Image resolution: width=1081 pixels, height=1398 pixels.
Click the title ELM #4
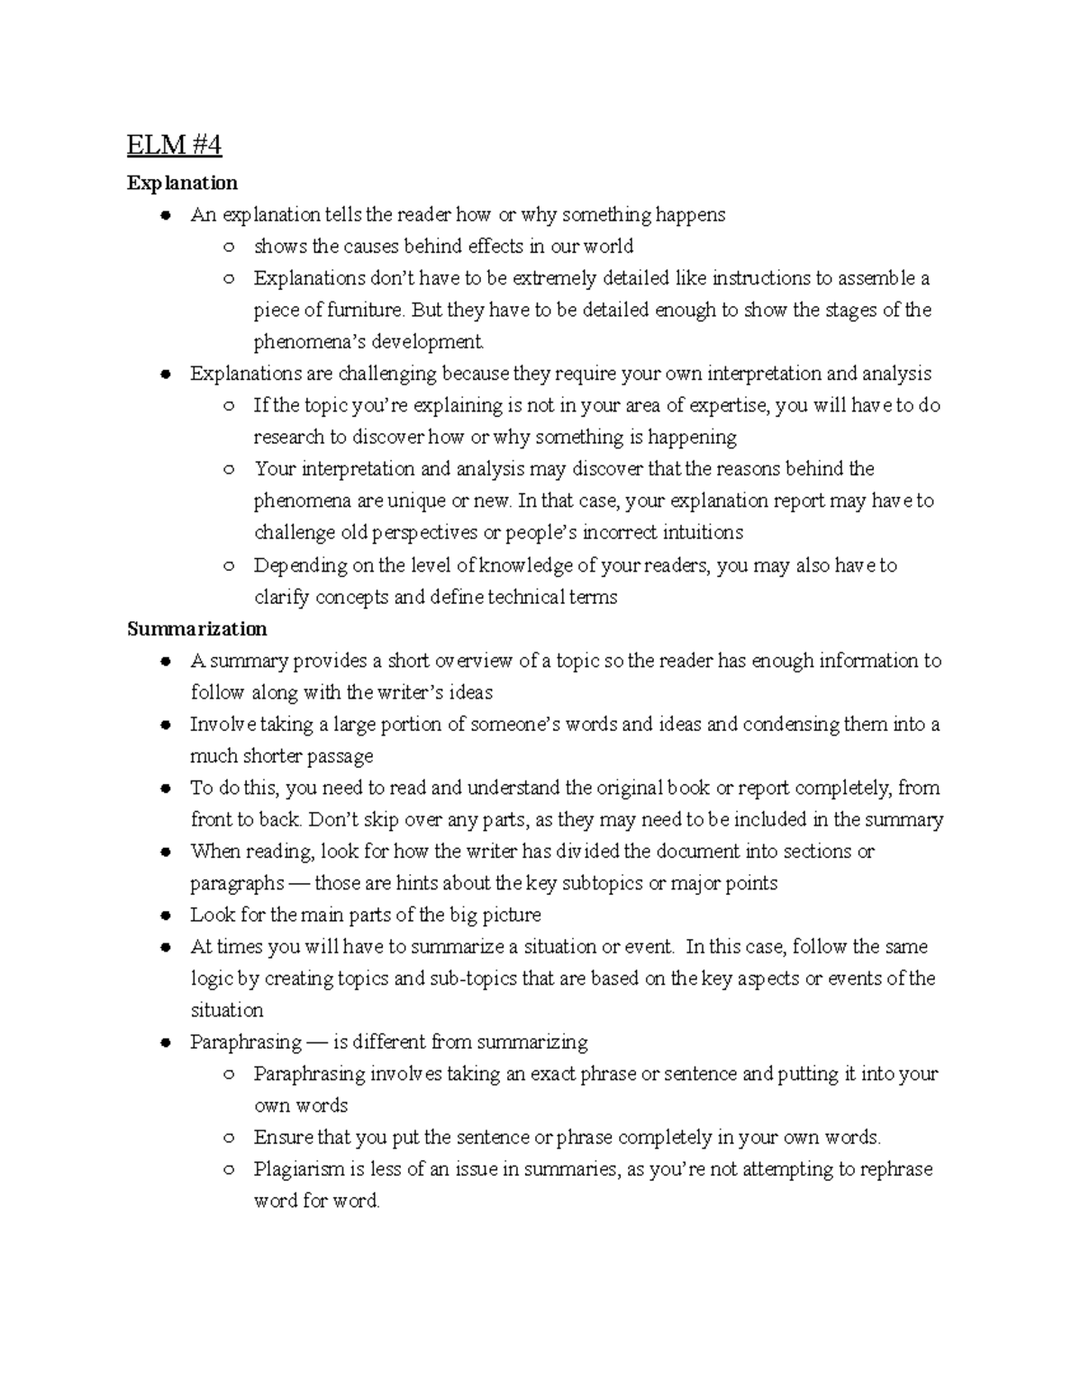[174, 145]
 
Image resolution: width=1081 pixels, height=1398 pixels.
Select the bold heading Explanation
[182, 183]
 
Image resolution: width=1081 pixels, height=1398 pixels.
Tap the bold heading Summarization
[196, 628]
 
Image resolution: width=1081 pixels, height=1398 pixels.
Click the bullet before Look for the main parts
[165, 915]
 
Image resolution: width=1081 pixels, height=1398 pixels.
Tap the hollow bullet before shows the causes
[229, 247]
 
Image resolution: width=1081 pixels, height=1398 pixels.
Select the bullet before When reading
[165, 852]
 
